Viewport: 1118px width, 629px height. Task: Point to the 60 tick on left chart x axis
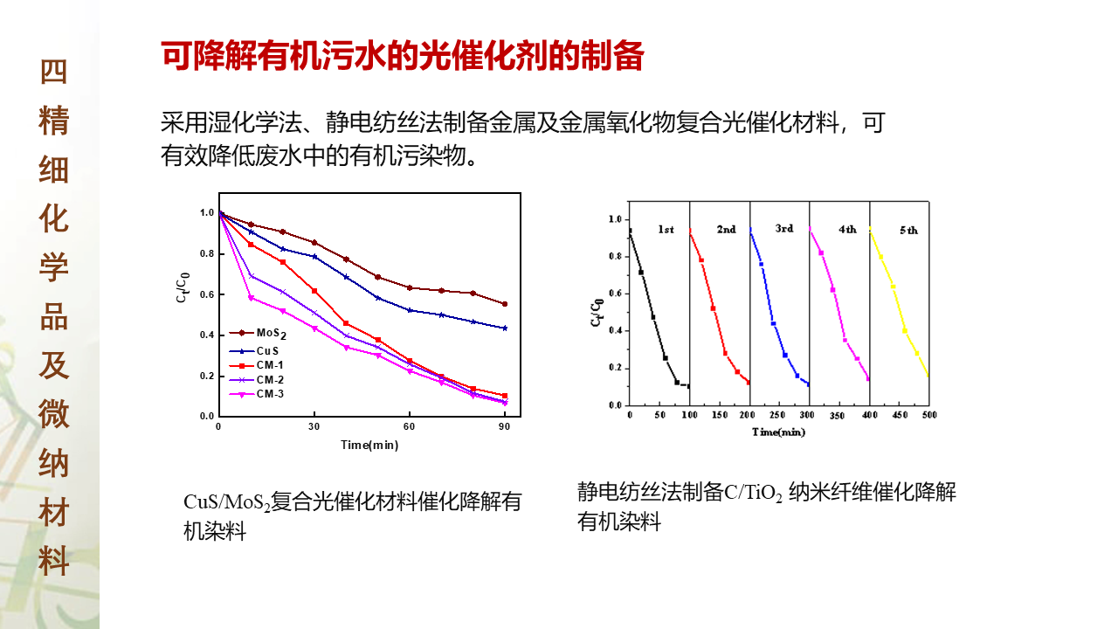[x=409, y=426]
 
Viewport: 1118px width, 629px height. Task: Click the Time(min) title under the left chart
[x=369, y=445]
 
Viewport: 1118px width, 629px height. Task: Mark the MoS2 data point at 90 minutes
[x=505, y=304]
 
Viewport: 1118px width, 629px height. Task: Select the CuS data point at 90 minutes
[x=505, y=328]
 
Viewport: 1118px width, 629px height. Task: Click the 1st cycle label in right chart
[x=666, y=230]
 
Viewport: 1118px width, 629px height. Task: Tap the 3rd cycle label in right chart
[x=784, y=229]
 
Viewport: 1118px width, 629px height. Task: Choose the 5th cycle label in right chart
[x=908, y=231]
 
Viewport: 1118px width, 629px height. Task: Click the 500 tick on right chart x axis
[x=928, y=415]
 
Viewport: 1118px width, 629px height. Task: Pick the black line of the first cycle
[x=647, y=306]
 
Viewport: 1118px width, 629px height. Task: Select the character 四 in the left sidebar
[x=53, y=73]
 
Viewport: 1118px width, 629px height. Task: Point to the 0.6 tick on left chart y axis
[x=206, y=294]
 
